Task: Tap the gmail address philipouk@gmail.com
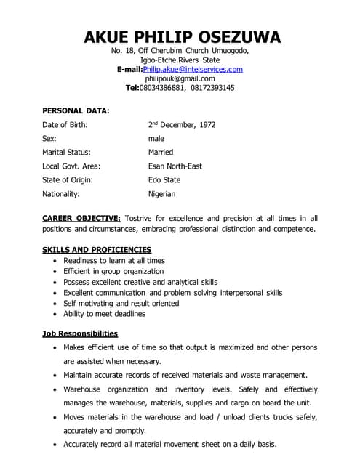(180, 78)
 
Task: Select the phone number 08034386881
(163, 88)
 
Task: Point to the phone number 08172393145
(214, 88)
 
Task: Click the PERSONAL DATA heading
(76, 111)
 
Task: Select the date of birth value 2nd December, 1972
(182, 125)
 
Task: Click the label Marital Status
(66, 153)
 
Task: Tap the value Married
(161, 153)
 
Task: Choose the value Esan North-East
(175, 166)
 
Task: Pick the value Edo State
(164, 180)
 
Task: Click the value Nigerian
(162, 194)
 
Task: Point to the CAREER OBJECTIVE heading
(81, 218)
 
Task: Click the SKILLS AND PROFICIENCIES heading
(97, 250)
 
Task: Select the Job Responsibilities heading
(80, 333)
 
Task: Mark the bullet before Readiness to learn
(56, 261)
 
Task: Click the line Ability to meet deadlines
(104, 314)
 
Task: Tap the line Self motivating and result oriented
(121, 304)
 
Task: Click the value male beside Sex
(156, 139)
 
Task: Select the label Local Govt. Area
(71, 166)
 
